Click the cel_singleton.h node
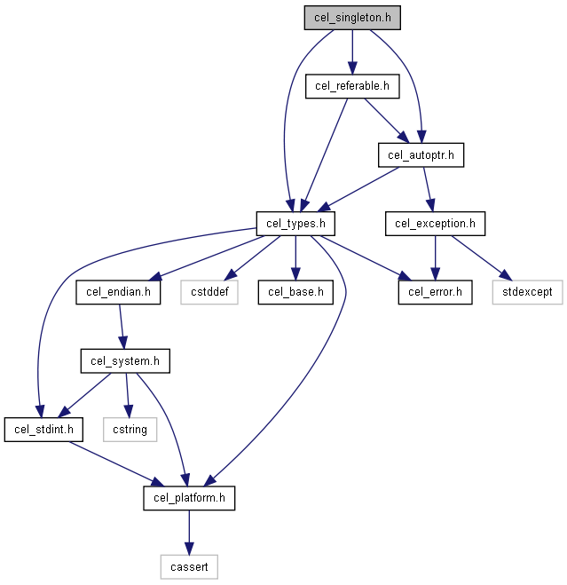point(352,18)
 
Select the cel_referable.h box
point(352,86)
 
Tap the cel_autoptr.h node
point(421,154)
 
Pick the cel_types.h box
point(295,224)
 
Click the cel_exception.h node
point(435,224)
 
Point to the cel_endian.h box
point(118,292)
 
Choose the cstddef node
point(209,292)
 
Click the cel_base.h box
point(295,292)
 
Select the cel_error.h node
point(435,292)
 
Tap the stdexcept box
point(527,292)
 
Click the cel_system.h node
point(125,360)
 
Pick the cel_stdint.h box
point(43,430)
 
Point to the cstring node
point(130,430)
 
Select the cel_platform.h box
point(189,498)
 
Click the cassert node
point(189,567)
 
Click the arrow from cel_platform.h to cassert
point(189,533)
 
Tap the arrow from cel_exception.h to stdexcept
point(482,258)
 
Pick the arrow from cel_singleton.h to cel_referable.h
point(352,52)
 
